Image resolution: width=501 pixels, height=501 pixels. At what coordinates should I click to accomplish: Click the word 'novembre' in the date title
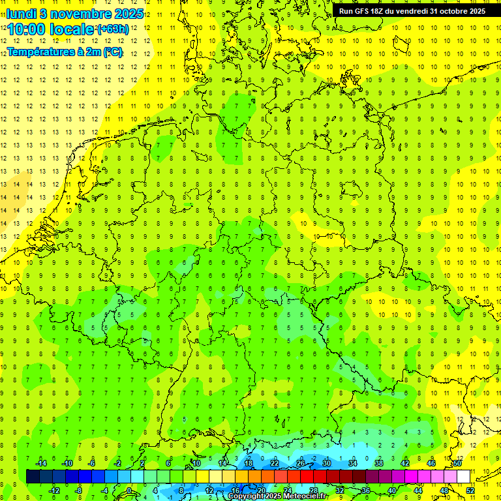(x=78, y=13)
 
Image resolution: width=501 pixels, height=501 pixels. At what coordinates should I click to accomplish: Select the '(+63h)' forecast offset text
(x=112, y=29)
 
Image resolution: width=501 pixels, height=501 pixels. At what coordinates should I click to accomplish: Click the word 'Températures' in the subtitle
(x=41, y=52)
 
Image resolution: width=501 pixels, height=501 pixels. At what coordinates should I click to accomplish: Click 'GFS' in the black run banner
(x=364, y=11)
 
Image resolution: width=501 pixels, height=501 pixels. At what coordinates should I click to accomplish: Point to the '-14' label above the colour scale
(x=40, y=463)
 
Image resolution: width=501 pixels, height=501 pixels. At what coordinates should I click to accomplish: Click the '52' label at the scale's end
(x=470, y=491)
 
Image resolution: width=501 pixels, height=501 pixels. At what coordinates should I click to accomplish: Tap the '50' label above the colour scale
(x=457, y=463)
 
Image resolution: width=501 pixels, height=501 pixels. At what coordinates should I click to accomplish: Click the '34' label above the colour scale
(x=353, y=463)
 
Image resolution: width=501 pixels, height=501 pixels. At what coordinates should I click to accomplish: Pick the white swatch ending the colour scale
(x=464, y=477)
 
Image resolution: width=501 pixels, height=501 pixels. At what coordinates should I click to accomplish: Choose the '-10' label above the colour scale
(x=67, y=463)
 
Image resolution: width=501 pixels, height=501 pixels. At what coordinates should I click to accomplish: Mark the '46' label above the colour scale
(x=431, y=463)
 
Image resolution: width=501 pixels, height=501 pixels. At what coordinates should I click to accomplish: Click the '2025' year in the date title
(x=129, y=13)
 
